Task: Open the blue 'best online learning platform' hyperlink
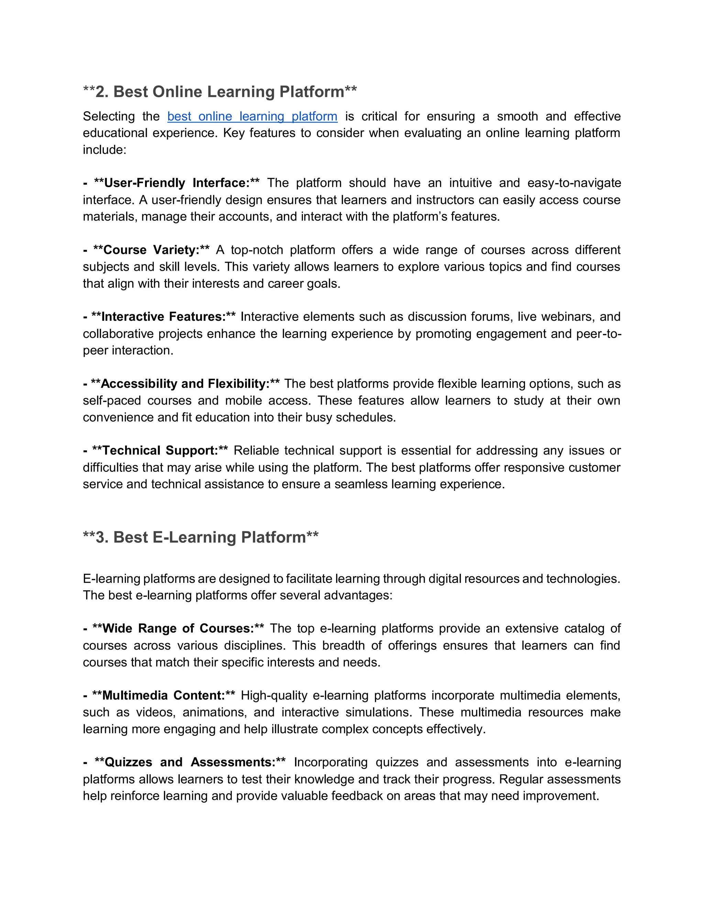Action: coord(252,116)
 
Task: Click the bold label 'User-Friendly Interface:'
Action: coord(176,183)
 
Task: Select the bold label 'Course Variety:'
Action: coord(151,250)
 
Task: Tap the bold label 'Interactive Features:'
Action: coord(163,317)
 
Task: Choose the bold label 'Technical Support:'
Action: coord(160,451)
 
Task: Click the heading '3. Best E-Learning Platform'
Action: coord(201,537)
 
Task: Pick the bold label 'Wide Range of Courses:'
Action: coord(178,628)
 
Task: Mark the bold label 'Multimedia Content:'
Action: coord(164,695)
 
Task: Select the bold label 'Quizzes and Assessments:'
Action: coord(190,762)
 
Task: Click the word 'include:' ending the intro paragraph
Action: coord(104,150)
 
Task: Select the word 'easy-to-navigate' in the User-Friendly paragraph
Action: coord(574,183)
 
